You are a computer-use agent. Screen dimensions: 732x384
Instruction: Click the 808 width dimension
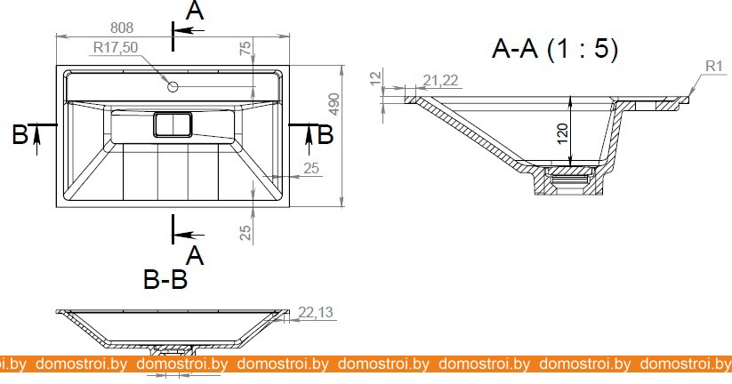pos(122,28)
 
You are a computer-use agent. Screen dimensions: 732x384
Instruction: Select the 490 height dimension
pos(334,105)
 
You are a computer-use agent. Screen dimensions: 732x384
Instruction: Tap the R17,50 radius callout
pos(116,48)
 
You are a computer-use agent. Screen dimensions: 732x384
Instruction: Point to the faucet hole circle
pos(173,86)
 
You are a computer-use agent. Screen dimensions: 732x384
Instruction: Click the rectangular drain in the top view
pos(173,124)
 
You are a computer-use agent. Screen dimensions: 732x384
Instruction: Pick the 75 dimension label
pos(245,48)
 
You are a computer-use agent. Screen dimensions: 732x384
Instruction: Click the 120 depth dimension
pos(562,133)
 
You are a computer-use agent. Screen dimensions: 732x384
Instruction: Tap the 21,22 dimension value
pos(440,81)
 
